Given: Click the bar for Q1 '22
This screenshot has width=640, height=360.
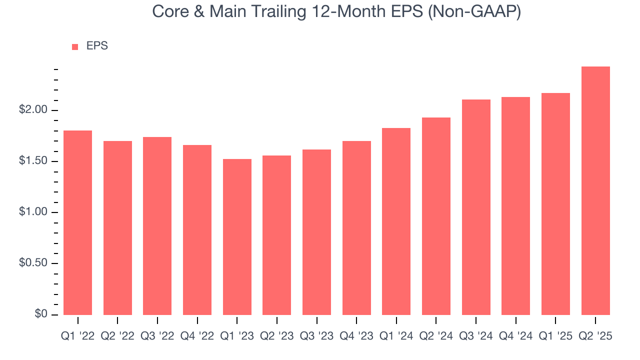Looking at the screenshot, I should (78, 222).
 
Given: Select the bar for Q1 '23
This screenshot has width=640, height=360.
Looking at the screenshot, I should (237, 237).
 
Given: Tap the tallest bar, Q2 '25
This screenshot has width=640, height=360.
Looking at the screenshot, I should (595, 190).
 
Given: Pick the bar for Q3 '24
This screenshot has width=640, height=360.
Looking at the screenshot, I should (476, 207).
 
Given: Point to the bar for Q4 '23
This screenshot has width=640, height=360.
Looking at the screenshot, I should (356, 228).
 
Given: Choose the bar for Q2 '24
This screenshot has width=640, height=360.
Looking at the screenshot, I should (436, 216).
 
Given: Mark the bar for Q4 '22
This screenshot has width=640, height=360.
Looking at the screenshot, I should (197, 230).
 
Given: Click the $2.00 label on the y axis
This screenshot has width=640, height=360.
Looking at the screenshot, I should (34, 110).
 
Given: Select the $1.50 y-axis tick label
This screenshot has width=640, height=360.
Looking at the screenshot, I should (34, 161).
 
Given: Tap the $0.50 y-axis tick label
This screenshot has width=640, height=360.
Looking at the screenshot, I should (34, 263).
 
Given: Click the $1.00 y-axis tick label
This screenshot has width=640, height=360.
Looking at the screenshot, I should (34, 212).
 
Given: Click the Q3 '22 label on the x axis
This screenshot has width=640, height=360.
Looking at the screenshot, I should (157, 336).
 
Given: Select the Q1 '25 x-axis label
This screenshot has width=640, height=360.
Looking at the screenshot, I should (555, 336).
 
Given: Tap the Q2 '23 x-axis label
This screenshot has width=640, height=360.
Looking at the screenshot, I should (276, 336).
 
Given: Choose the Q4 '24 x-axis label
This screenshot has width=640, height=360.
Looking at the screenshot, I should (515, 336).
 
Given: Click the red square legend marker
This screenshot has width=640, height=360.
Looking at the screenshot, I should (75, 46).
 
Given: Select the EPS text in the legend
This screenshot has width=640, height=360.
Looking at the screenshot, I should (97, 46).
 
